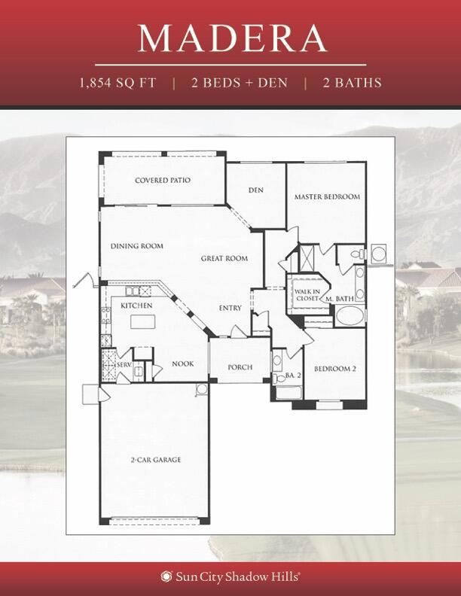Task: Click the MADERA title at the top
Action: [232, 38]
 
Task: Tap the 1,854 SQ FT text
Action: [118, 83]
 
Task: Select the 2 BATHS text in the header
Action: [353, 83]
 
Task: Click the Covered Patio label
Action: [163, 180]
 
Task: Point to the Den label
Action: [255, 190]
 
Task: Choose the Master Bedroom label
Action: [327, 196]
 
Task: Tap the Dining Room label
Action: [137, 246]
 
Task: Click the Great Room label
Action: [224, 258]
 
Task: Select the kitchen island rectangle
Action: [142, 321]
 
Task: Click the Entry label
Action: [230, 308]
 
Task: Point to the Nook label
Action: [183, 363]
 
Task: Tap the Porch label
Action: [240, 367]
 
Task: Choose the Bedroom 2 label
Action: [334, 369]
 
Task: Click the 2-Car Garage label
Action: [156, 460]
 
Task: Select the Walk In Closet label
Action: [307, 295]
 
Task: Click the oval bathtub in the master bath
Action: [350, 316]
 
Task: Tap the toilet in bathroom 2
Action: [279, 379]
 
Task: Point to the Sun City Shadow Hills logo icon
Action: [166, 576]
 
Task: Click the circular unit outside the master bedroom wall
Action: [379, 254]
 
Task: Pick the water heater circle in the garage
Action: [202, 389]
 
